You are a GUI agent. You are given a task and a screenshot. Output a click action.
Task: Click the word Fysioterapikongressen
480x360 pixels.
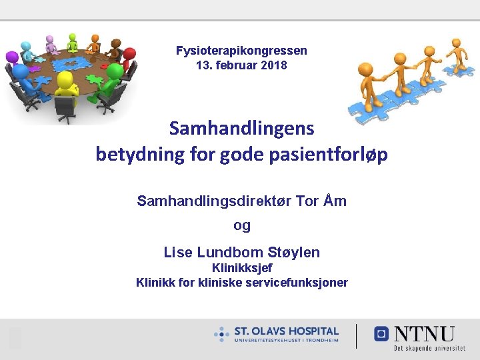241,51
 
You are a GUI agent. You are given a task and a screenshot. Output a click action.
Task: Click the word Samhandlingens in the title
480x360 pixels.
241,127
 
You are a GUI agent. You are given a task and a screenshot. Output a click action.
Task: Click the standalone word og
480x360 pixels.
242,225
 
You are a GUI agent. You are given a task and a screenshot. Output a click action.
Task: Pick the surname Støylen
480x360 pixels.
293,253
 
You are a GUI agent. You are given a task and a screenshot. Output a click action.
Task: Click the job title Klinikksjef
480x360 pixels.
241,268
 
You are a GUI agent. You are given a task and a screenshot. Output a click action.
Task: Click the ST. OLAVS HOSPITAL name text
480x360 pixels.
286,331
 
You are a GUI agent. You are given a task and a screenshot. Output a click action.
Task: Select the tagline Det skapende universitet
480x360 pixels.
429,348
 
